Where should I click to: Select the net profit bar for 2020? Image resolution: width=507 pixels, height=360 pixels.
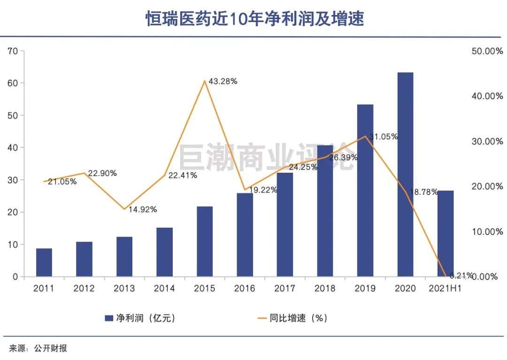pyautogui.click(x=405, y=174)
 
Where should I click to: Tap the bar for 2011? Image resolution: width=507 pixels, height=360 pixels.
pyautogui.click(x=44, y=262)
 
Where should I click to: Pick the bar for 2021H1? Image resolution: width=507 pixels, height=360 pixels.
pyautogui.click(x=446, y=233)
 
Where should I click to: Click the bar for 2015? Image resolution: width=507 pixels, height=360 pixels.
pyautogui.click(x=205, y=241)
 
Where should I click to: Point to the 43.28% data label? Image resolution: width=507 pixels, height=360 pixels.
pyautogui.click(x=223, y=81)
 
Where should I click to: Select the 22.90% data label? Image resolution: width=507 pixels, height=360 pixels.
pyautogui.click(x=102, y=173)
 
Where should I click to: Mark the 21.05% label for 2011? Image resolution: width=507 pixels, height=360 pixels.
pyautogui.click(x=62, y=182)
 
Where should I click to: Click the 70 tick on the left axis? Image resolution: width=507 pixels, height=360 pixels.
pyautogui.click(x=13, y=51)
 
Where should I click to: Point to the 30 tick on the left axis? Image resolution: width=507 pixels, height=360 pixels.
pyautogui.click(x=13, y=180)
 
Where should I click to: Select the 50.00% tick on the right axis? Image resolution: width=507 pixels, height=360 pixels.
pyautogui.click(x=487, y=51)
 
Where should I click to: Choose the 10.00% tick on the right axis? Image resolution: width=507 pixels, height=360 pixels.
pyautogui.click(x=487, y=231)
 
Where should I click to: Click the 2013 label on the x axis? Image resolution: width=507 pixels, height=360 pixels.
pyautogui.click(x=124, y=288)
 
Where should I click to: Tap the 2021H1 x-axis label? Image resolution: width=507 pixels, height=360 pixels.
pyautogui.click(x=445, y=288)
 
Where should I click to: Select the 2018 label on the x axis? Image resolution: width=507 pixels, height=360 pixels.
pyautogui.click(x=325, y=288)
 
